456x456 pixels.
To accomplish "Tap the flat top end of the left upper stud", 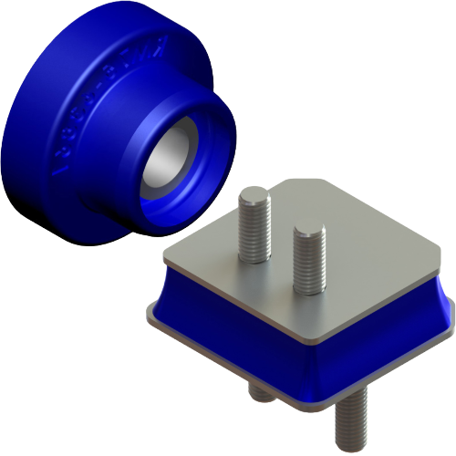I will pos(254,192).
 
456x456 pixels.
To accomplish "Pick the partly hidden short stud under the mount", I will pos(259,392).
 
